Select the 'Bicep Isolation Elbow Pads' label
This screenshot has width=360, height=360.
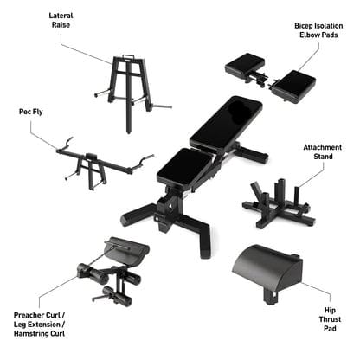point(321,32)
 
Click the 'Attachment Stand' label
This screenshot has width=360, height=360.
point(322,153)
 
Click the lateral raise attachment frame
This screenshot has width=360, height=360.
point(127,83)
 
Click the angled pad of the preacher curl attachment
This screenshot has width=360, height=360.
point(130,250)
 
